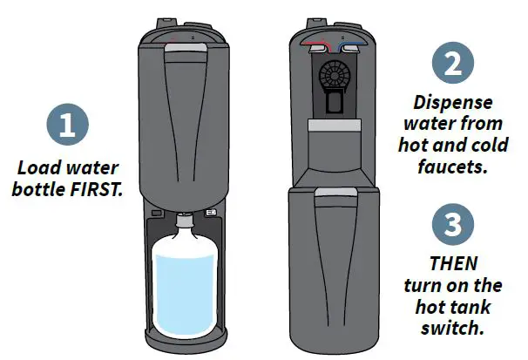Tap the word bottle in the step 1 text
pos(49,188)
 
